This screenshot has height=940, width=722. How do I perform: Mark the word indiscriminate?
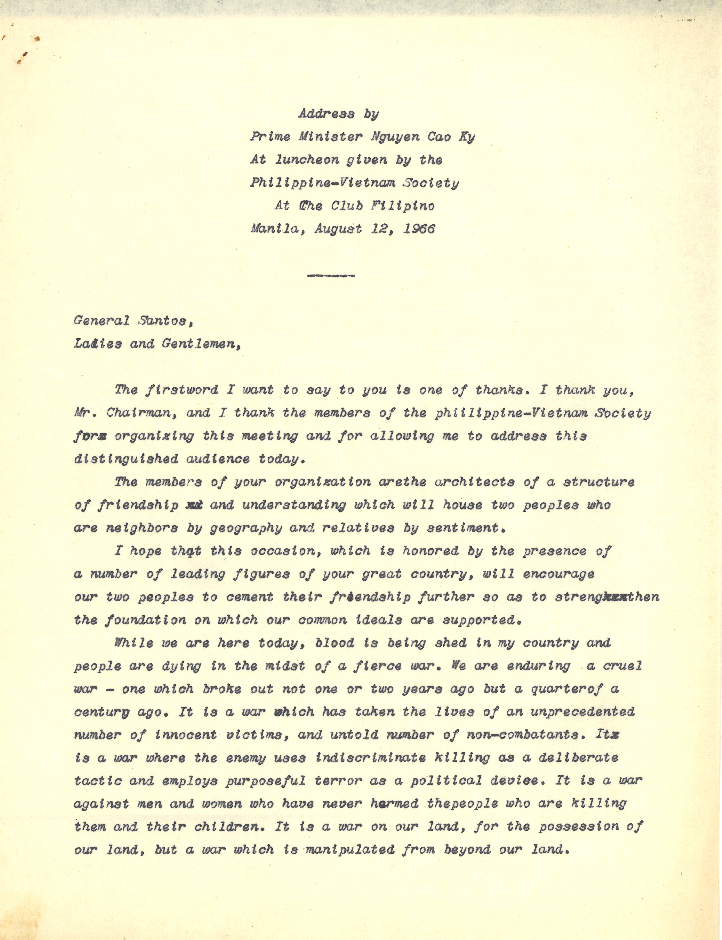(370, 758)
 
